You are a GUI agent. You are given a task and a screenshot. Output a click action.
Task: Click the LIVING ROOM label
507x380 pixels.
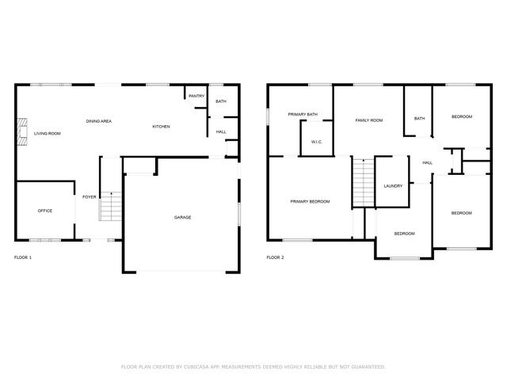48,134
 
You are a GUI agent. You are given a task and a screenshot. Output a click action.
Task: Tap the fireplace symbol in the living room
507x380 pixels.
23,130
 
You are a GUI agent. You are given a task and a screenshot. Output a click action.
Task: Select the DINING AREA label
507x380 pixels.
99,121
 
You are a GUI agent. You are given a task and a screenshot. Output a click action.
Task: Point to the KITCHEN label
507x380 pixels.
161,127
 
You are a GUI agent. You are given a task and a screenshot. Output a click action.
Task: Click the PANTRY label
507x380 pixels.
197,97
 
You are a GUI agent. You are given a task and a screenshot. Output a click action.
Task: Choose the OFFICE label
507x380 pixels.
45,211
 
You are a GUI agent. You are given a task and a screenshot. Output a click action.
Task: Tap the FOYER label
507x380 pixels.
90,196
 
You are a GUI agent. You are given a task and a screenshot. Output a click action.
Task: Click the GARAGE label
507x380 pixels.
183,217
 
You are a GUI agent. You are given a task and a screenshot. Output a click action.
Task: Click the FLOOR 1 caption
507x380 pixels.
24,257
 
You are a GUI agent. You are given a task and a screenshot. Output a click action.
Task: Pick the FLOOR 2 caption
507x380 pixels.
275,257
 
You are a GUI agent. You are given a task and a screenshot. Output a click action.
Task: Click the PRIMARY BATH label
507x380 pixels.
303,114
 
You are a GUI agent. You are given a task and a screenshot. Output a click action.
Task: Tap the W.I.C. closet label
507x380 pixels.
316,142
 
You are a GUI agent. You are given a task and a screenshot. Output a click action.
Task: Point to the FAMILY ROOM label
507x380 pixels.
368,120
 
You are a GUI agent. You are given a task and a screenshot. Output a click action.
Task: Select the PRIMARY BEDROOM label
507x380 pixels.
310,202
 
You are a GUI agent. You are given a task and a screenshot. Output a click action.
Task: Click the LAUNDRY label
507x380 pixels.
393,186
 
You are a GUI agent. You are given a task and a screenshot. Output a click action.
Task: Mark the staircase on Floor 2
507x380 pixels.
362,182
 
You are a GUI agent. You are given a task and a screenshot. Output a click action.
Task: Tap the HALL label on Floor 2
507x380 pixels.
427,163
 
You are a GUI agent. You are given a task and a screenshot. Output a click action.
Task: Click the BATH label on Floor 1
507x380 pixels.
221,101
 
